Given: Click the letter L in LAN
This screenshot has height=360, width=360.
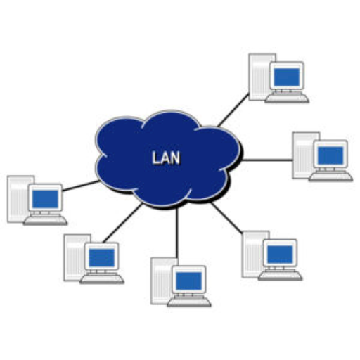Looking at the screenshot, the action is click(x=156, y=157).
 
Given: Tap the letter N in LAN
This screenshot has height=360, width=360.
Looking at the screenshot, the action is click(x=175, y=157).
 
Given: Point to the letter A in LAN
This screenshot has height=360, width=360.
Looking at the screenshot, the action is click(x=165, y=157).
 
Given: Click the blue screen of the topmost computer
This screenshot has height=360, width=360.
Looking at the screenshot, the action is click(x=287, y=77).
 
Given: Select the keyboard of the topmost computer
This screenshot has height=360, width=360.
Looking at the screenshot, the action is click(x=287, y=98).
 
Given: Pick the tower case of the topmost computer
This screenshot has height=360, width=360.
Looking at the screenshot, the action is click(x=261, y=77).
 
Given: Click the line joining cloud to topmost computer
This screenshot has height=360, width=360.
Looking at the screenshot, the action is click(x=233, y=110).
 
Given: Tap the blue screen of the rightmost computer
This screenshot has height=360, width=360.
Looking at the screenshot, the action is click(x=330, y=155).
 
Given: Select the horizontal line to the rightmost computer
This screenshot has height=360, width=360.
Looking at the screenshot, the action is click(x=267, y=160).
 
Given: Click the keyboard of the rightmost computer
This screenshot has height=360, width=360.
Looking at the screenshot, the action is click(x=330, y=177).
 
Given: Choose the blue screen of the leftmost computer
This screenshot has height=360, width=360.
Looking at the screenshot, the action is click(x=45, y=199).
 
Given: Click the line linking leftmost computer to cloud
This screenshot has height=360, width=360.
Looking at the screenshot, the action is click(x=81, y=186).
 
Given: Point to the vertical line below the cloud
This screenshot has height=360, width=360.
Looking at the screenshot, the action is click(x=177, y=233).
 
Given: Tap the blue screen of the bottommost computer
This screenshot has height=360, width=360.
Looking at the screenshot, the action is click(x=189, y=281).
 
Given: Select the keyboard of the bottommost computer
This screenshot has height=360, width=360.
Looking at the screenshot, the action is click(x=189, y=302).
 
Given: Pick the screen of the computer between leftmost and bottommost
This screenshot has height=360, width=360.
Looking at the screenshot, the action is click(x=102, y=258).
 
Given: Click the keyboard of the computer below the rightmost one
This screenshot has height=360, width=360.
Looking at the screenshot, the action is click(x=281, y=276).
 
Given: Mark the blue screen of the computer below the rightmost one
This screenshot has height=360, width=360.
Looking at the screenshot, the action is click(x=280, y=255).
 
